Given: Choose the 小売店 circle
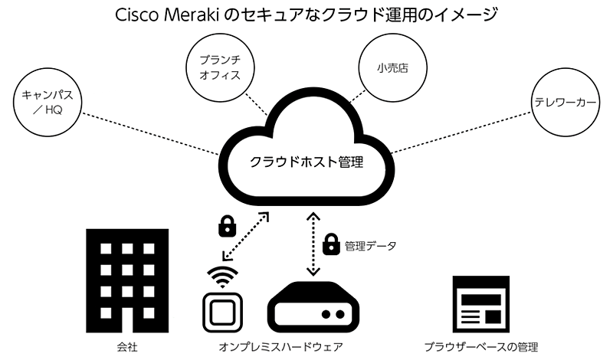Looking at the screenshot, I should pos(392,67).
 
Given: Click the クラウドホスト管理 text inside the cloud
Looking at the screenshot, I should pos(306,162).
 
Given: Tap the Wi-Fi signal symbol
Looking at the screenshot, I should pos(223,277).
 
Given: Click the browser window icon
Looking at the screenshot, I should pos(480,306).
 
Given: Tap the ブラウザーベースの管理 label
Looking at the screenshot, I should pos(480,347).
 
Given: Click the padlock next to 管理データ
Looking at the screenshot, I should pos(331,245).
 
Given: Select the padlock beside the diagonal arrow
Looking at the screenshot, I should pos(226,225).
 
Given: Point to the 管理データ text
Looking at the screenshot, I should pos(370,246).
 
